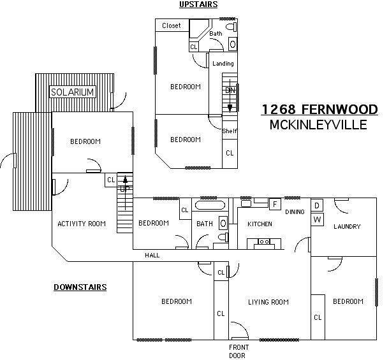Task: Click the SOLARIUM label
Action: pos(72,92)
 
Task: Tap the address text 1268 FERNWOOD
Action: pos(319,110)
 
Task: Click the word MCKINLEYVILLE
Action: pos(319,124)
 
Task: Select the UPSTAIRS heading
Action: pos(198,4)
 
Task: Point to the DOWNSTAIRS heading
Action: pos(80,287)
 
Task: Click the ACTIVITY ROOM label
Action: pos(81,224)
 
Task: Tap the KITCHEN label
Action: pos(260,224)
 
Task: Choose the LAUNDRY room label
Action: pos(347,226)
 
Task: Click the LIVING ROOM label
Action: pos(268,302)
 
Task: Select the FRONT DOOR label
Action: pos(237,351)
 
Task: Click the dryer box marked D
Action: pos(318,206)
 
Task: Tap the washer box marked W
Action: pos(318,220)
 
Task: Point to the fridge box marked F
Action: pos(274,205)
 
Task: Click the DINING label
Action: pos(295,212)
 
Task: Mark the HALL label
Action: pos(152,256)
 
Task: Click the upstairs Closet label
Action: pos(171,25)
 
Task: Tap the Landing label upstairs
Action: pos(223,64)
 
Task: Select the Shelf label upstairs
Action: pos(229,131)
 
